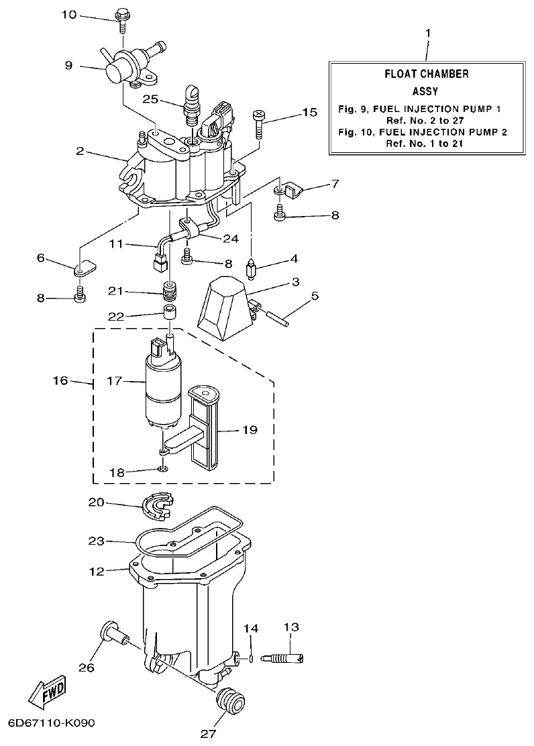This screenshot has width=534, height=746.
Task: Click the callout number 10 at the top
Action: [x=69, y=14]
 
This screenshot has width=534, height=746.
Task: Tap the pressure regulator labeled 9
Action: [x=121, y=66]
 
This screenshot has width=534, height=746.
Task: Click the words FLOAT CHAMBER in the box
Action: [x=427, y=74]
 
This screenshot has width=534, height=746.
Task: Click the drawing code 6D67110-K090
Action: [x=52, y=723]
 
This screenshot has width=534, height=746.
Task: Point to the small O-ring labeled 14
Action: [x=250, y=658]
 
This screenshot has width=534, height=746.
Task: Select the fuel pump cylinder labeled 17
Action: [x=162, y=390]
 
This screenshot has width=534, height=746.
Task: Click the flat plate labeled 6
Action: [x=83, y=268]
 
